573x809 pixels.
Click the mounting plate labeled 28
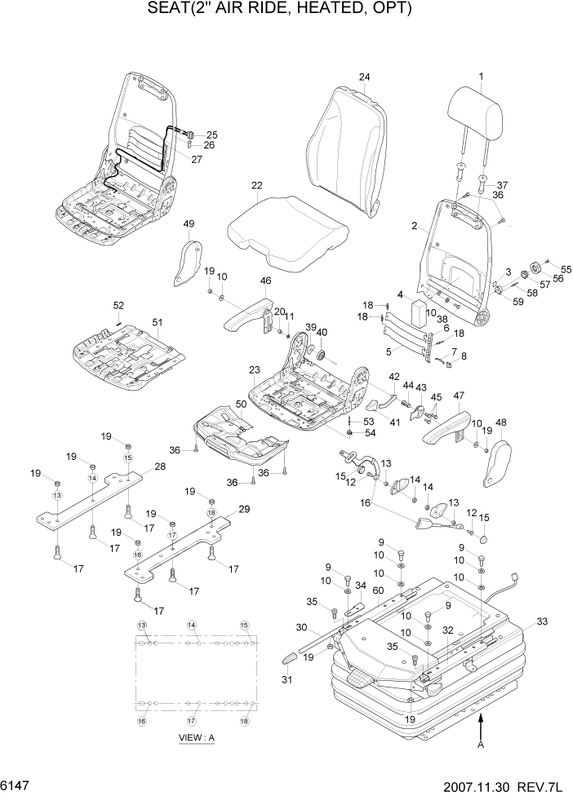91,498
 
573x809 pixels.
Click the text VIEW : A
196,738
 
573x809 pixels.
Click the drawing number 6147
17,789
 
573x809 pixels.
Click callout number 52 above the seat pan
118,305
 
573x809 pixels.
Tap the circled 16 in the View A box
141,721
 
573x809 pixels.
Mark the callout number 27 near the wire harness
197,159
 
